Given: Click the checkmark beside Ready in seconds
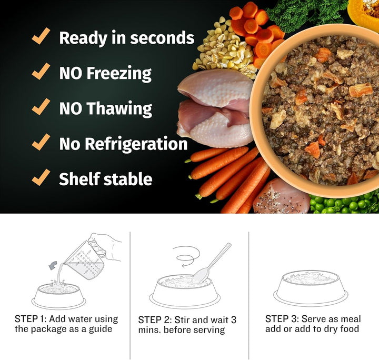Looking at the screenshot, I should [x=41, y=36].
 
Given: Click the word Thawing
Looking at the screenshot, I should [x=119, y=108].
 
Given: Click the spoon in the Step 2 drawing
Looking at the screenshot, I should [x=210, y=263].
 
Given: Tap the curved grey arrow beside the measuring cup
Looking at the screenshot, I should [x=53, y=265].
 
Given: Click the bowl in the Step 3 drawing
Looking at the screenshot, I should [x=311, y=287].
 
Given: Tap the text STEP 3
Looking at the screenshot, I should [x=282, y=319].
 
